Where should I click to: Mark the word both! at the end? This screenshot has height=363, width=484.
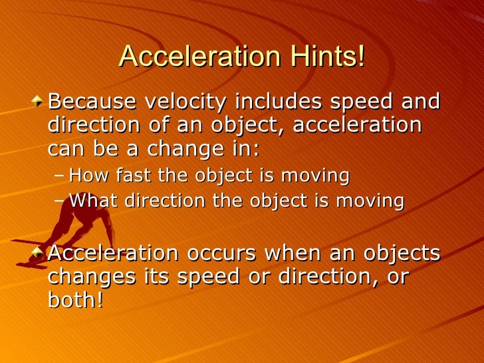pyautogui.click(x=76, y=300)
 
